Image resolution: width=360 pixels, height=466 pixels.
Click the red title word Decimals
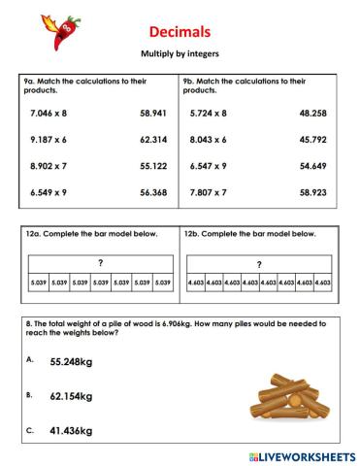180,32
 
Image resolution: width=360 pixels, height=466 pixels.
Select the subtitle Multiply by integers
180,56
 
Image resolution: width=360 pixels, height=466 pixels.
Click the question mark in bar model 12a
100,263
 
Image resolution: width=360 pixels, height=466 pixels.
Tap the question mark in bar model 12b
258,264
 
